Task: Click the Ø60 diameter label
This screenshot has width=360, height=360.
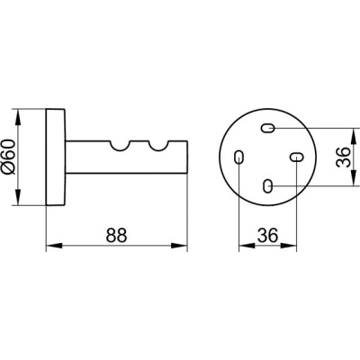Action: coord(8,157)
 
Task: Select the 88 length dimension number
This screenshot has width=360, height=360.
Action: coord(117,235)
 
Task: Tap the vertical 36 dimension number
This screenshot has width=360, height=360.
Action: coord(343,157)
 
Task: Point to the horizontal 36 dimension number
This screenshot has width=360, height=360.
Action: coord(268,235)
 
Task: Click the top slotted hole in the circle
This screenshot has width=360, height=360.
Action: coord(267,129)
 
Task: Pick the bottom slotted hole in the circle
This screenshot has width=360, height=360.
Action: coord(267,185)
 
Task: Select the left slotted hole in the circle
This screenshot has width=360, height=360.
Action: coord(239,157)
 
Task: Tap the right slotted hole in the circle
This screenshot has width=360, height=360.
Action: coord(296,157)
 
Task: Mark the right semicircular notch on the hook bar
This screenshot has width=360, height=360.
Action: coord(157,146)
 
